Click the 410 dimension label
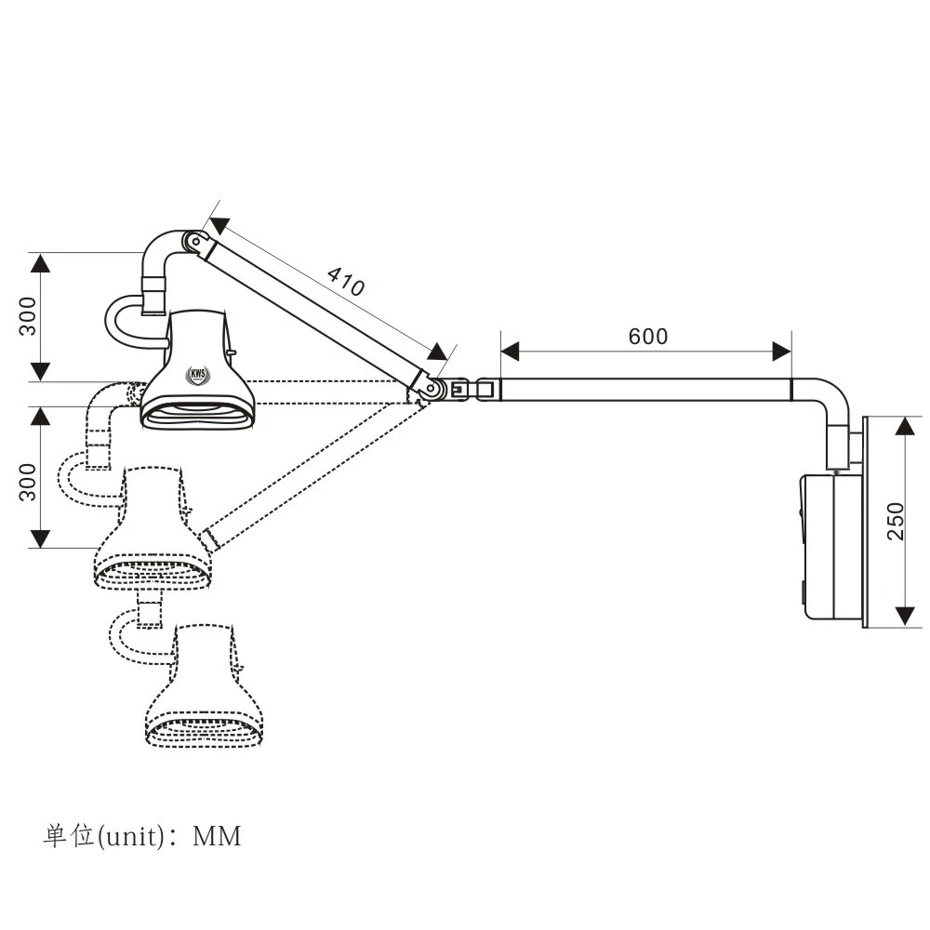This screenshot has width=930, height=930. tap(346, 281)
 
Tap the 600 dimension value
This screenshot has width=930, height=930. tap(647, 336)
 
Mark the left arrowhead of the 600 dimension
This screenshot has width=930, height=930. tap(510, 351)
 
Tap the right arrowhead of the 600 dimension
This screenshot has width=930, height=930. tap(781, 351)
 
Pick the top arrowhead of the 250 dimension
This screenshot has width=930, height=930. tap(905, 427)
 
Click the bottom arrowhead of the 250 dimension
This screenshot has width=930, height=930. tap(905, 617)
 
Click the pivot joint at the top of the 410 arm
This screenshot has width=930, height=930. tap(193, 243)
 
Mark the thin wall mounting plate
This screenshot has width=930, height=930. tap(867, 521)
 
